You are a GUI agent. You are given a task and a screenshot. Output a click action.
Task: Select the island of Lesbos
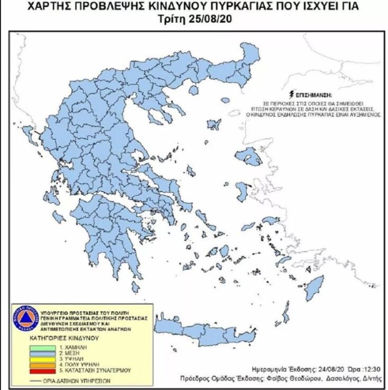[x=248, y=156]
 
